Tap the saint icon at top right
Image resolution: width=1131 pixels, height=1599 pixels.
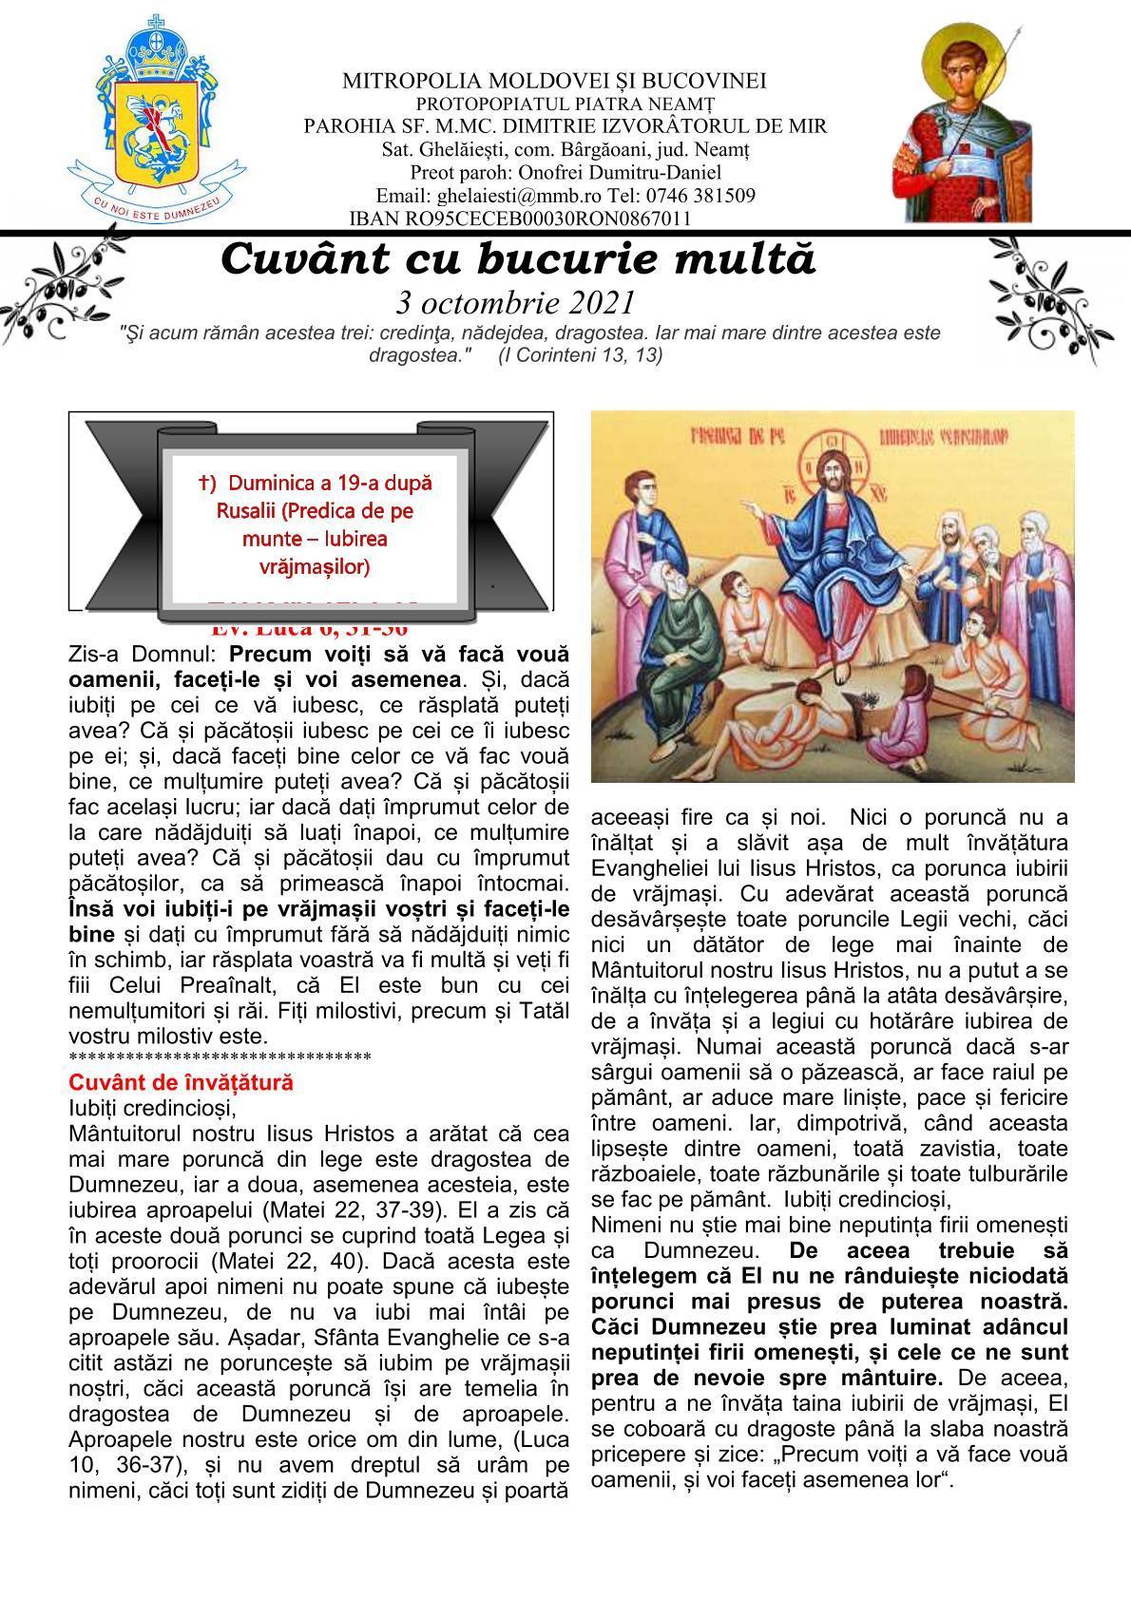point(964,122)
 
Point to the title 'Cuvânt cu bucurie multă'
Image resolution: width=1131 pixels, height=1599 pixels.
point(518,259)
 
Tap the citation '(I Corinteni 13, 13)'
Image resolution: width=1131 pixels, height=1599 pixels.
point(580,354)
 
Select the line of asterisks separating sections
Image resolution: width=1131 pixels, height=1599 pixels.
point(220,1057)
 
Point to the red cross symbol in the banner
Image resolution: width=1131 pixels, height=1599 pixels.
point(205,483)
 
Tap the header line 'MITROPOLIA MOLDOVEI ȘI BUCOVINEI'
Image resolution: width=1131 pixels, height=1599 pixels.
point(555,81)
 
